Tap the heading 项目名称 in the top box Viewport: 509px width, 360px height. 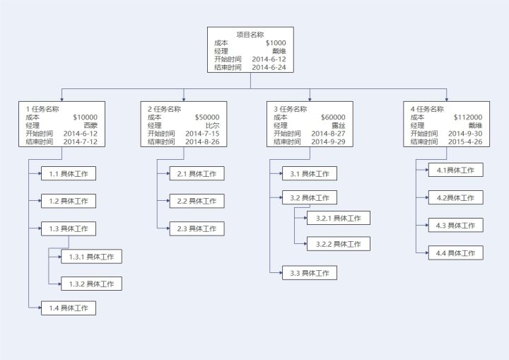250,35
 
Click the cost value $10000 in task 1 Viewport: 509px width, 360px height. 85,117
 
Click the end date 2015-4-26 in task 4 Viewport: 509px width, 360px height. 465,141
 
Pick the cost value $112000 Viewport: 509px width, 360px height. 467,117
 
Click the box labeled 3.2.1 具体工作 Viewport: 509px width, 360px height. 338,218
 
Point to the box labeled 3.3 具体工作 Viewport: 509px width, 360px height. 310,272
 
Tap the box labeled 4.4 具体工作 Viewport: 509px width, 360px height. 455,252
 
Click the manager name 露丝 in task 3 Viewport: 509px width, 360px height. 338,125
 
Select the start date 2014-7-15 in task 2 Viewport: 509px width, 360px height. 202,134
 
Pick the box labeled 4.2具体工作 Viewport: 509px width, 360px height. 455,197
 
